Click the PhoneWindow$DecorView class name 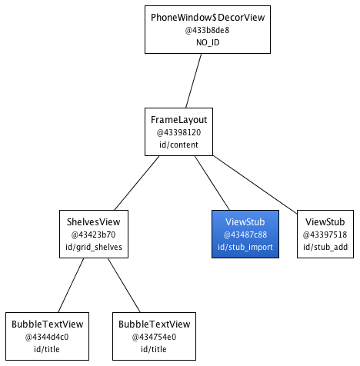point(208,18)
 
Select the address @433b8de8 point(208,30)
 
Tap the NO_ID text point(208,42)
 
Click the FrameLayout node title point(178,120)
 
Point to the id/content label point(178,145)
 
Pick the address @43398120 point(178,132)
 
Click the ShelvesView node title point(94,222)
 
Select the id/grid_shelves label point(94,247)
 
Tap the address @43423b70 point(94,235)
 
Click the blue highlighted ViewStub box point(245,234)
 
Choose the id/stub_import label point(245,247)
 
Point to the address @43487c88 point(245,235)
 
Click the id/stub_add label point(325,247)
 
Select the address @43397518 point(325,235)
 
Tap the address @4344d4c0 point(47,337)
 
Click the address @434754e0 point(154,337)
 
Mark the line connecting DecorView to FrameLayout point(194,81)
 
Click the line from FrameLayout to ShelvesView point(137,183)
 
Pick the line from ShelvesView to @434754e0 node point(124,285)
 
